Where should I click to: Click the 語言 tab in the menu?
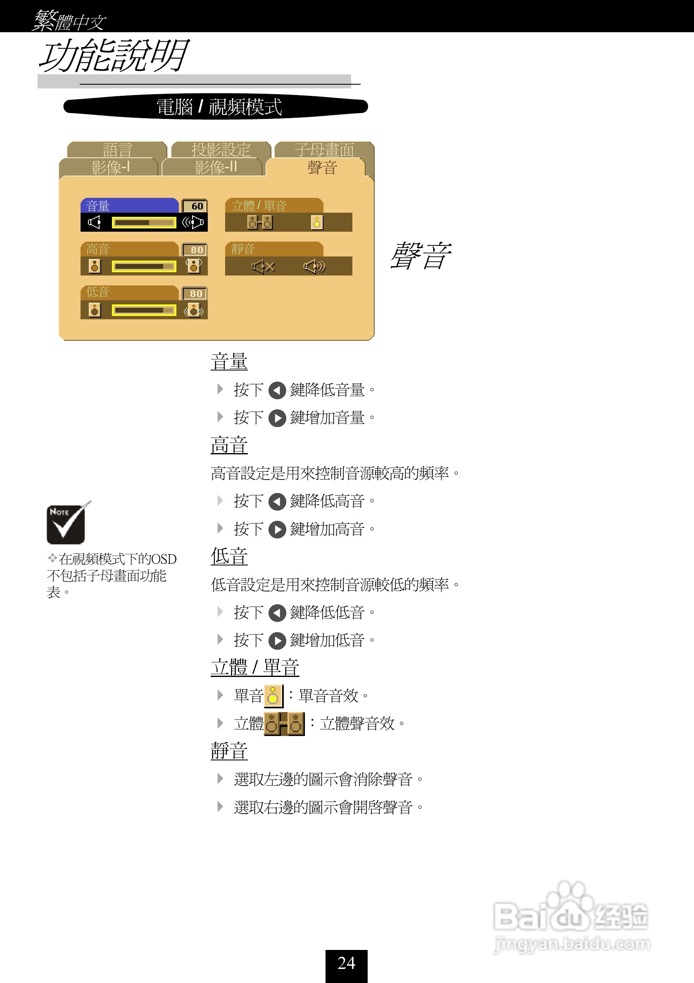click(117, 150)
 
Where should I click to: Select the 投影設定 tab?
click(221, 150)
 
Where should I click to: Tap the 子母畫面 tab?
click(324, 150)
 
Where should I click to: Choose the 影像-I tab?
click(109, 167)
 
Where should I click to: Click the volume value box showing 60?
click(195, 206)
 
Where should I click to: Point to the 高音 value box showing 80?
click(195, 249)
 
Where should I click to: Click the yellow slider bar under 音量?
click(144, 223)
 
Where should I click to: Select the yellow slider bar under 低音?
click(144, 310)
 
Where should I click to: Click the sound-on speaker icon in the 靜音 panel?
click(315, 267)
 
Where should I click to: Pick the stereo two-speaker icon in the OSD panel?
click(260, 223)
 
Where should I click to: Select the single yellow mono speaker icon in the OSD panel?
click(317, 223)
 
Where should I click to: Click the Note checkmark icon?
click(67, 523)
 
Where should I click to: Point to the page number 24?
click(346, 963)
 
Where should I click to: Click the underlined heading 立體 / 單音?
click(255, 667)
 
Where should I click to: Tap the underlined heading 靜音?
click(229, 750)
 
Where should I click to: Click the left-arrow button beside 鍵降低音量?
click(277, 390)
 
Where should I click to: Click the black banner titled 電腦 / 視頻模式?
click(216, 107)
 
